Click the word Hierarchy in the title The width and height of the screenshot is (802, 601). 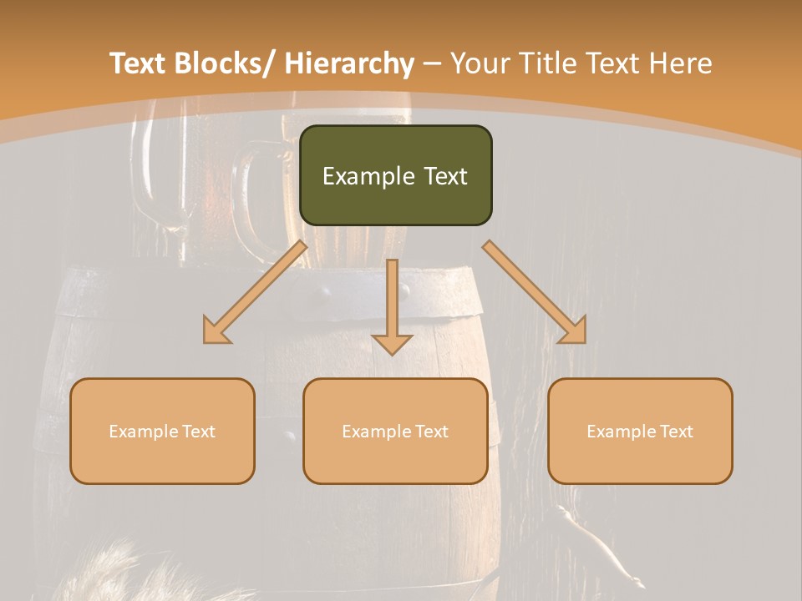349,63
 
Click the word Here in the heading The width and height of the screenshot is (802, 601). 682,63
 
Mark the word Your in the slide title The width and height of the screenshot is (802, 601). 478,63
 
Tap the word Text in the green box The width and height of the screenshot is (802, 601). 444,177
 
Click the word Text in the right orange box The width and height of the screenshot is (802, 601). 676,432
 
